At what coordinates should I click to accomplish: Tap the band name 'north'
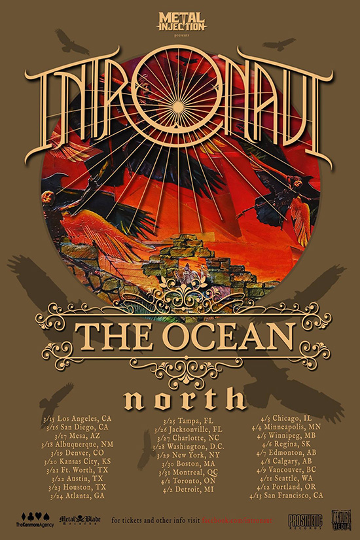point(179,398)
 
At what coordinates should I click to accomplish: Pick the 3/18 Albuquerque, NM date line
point(76,443)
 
